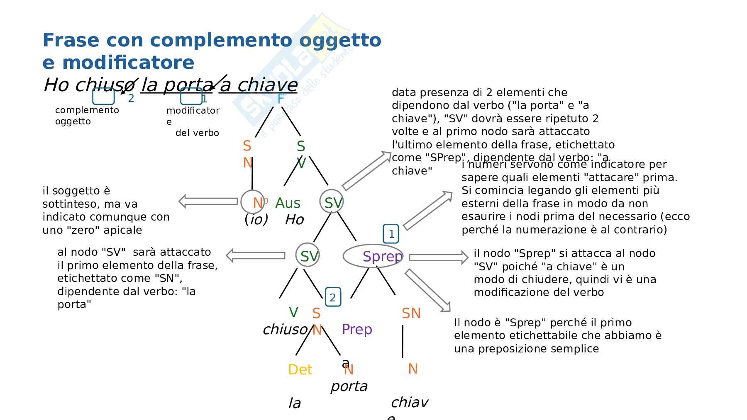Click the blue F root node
pos(281,99)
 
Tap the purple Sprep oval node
pos(373,256)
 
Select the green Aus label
pos(288,203)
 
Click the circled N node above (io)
pos(253,202)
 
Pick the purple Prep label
pos(357,330)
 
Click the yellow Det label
pos(300,369)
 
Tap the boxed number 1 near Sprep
pos(391,234)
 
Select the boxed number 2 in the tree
pos(333,297)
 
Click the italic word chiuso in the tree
pos(285,330)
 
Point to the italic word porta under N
pos(349,386)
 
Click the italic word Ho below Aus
pos(294,220)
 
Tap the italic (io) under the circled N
pos(256,219)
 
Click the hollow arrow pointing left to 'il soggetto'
pos(208,201)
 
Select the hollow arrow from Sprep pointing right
pos(438,257)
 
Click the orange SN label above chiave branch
pos(411,313)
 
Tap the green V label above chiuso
pos(293,312)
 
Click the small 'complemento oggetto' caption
pos(87,116)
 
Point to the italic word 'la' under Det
pos(294,403)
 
